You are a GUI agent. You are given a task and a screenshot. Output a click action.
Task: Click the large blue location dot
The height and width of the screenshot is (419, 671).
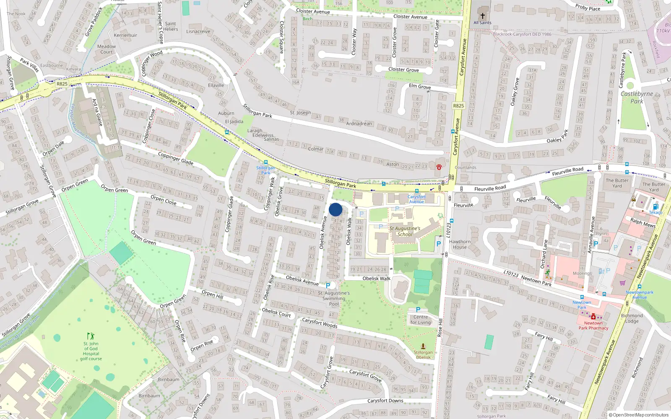[x=335, y=209]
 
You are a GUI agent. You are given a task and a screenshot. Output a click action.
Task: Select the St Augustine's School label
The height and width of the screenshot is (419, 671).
[x=405, y=231]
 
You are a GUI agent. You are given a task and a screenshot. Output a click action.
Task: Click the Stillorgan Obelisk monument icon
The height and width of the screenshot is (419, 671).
[x=423, y=346]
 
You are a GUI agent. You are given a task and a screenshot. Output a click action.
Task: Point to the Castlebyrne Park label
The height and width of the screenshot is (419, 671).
[x=637, y=97]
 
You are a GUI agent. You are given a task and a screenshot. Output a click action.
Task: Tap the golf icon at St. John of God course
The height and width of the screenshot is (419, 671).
[x=91, y=336]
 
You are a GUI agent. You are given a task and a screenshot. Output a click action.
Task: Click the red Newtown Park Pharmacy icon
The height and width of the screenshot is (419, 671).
[x=593, y=317]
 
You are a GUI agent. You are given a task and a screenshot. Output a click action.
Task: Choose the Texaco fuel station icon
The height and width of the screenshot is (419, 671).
[x=655, y=207]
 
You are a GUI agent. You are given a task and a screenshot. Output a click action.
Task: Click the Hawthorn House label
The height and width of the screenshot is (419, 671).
[x=460, y=244]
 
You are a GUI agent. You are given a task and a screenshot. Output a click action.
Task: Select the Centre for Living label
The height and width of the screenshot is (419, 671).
[x=420, y=320]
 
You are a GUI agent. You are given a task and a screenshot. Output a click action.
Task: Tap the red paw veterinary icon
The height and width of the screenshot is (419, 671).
[x=439, y=166]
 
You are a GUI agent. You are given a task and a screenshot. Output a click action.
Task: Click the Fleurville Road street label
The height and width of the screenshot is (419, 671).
[x=490, y=189]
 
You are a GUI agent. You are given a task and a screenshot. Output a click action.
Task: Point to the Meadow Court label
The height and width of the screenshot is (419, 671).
[x=107, y=49]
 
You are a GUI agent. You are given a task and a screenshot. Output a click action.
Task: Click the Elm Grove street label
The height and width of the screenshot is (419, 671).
[x=420, y=86]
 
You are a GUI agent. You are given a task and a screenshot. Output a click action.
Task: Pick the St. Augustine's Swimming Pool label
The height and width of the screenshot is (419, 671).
[x=334, y=298]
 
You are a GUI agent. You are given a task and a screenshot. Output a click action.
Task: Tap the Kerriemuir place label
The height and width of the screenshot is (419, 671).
[x=125, y=35]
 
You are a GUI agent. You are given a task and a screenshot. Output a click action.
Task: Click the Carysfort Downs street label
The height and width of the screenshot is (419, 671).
[x=385, y=401]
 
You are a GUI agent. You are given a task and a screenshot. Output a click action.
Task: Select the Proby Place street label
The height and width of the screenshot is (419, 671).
[x=588, y=8]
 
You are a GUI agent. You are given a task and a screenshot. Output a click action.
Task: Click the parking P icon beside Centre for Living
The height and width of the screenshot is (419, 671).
[x=418, y=310]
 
